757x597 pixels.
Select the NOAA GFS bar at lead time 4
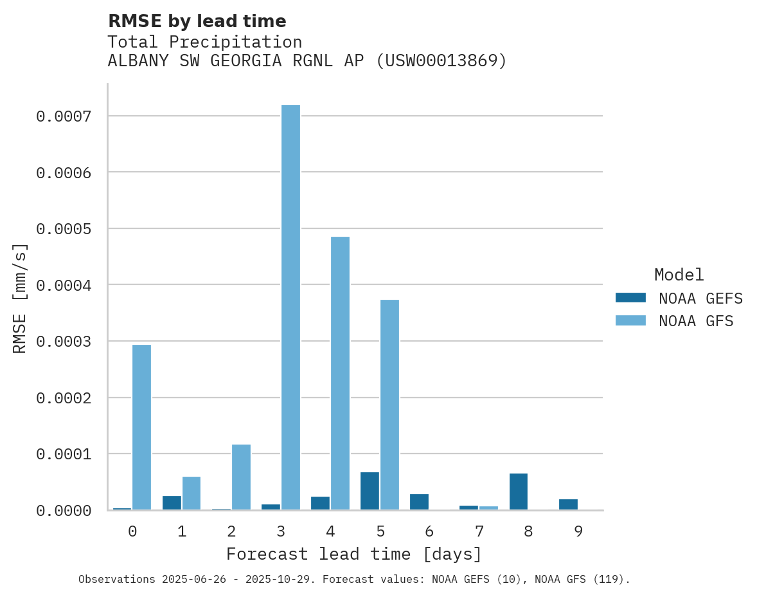click(x=340, y=373)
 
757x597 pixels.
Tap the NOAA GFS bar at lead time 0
click(x=141, y=427)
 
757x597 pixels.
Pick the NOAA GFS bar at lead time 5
click(x=389, y=405)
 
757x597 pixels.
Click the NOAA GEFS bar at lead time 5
click(x=370, y=491)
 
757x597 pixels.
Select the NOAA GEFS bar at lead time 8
click(x=519, y=491)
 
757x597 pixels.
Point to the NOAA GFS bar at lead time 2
click(x=241, y=477)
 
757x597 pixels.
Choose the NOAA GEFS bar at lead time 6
click(x=419, y=502)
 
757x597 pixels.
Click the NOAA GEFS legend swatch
click(x=630, y=298)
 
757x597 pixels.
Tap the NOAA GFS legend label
click(x=695, y=320)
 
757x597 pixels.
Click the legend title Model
click(x=679, y=275)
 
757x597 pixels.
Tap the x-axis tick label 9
click(x=578, y=531)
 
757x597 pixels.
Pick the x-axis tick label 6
click(x=429, y=531)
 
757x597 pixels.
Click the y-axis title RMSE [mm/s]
click(x=20, y=298)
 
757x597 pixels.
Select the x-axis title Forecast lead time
click(x=353, y=554)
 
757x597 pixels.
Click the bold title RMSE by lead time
click(x=197, y=21)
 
